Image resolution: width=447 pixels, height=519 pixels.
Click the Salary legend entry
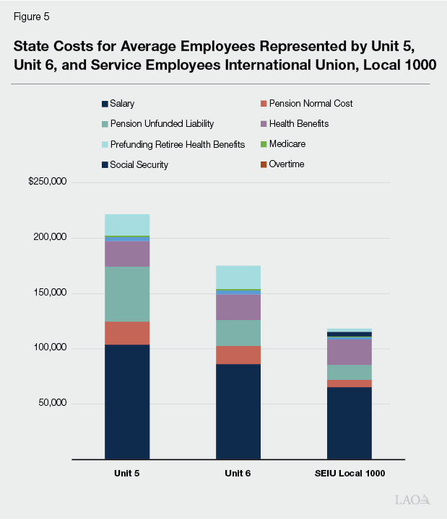123,104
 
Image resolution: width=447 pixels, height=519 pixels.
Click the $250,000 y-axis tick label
48,182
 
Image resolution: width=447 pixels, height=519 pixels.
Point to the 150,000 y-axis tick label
50,293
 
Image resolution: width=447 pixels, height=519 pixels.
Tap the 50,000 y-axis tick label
52,403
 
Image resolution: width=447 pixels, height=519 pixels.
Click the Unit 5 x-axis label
127,474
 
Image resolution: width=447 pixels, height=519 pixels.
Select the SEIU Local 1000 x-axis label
350,474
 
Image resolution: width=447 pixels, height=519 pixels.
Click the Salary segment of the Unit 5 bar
127,401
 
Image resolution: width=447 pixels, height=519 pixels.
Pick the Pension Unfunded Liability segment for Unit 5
127,294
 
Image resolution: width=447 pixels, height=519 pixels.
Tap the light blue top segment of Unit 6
238,277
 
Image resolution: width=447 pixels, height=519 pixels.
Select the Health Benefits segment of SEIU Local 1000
350,352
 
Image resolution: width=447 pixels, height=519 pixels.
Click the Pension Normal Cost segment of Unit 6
238,355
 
